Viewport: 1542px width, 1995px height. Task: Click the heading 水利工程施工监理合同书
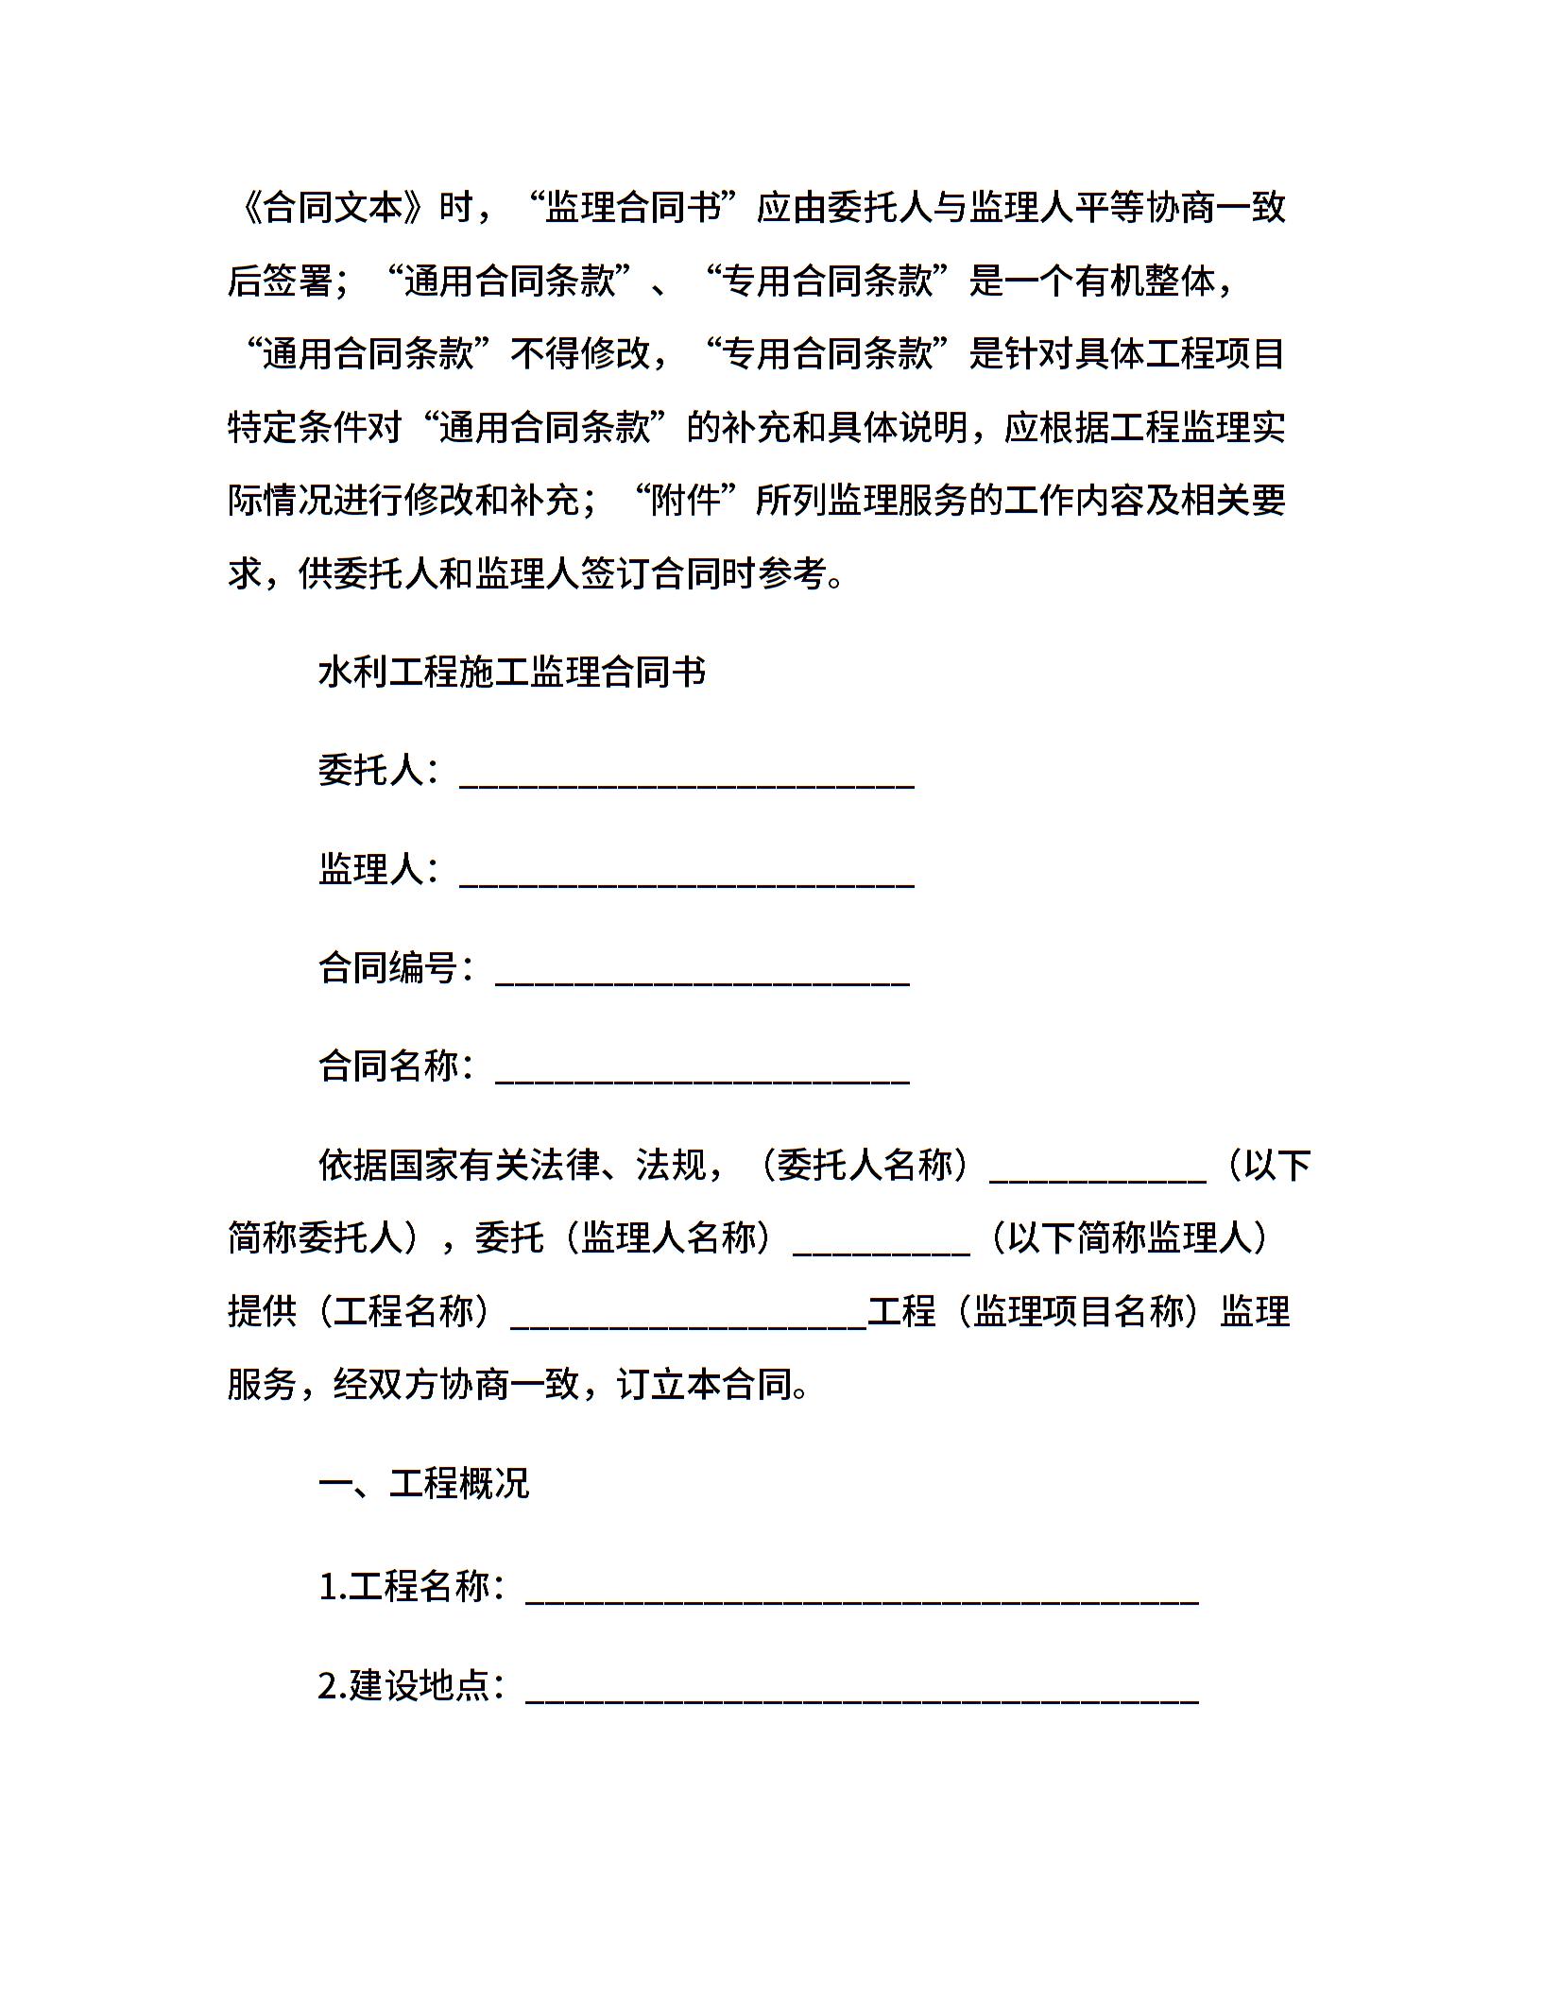coord(512,673)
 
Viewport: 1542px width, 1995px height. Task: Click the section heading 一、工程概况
coord(423,1483)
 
